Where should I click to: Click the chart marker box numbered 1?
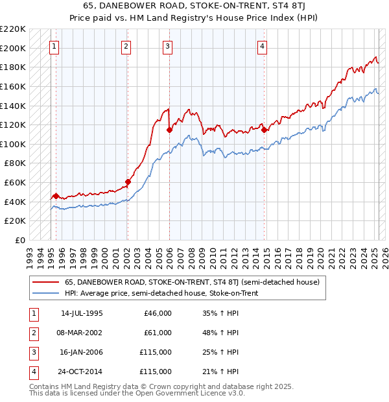54,46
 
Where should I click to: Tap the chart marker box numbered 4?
262,46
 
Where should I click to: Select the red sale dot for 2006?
169,130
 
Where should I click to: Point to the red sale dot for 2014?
265,130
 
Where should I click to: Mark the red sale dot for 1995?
56,196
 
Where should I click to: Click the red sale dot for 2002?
128,182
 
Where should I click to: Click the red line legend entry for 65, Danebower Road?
192,282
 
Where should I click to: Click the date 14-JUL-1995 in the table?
82,313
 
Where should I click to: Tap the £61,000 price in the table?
158,333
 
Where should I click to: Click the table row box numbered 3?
32,352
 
